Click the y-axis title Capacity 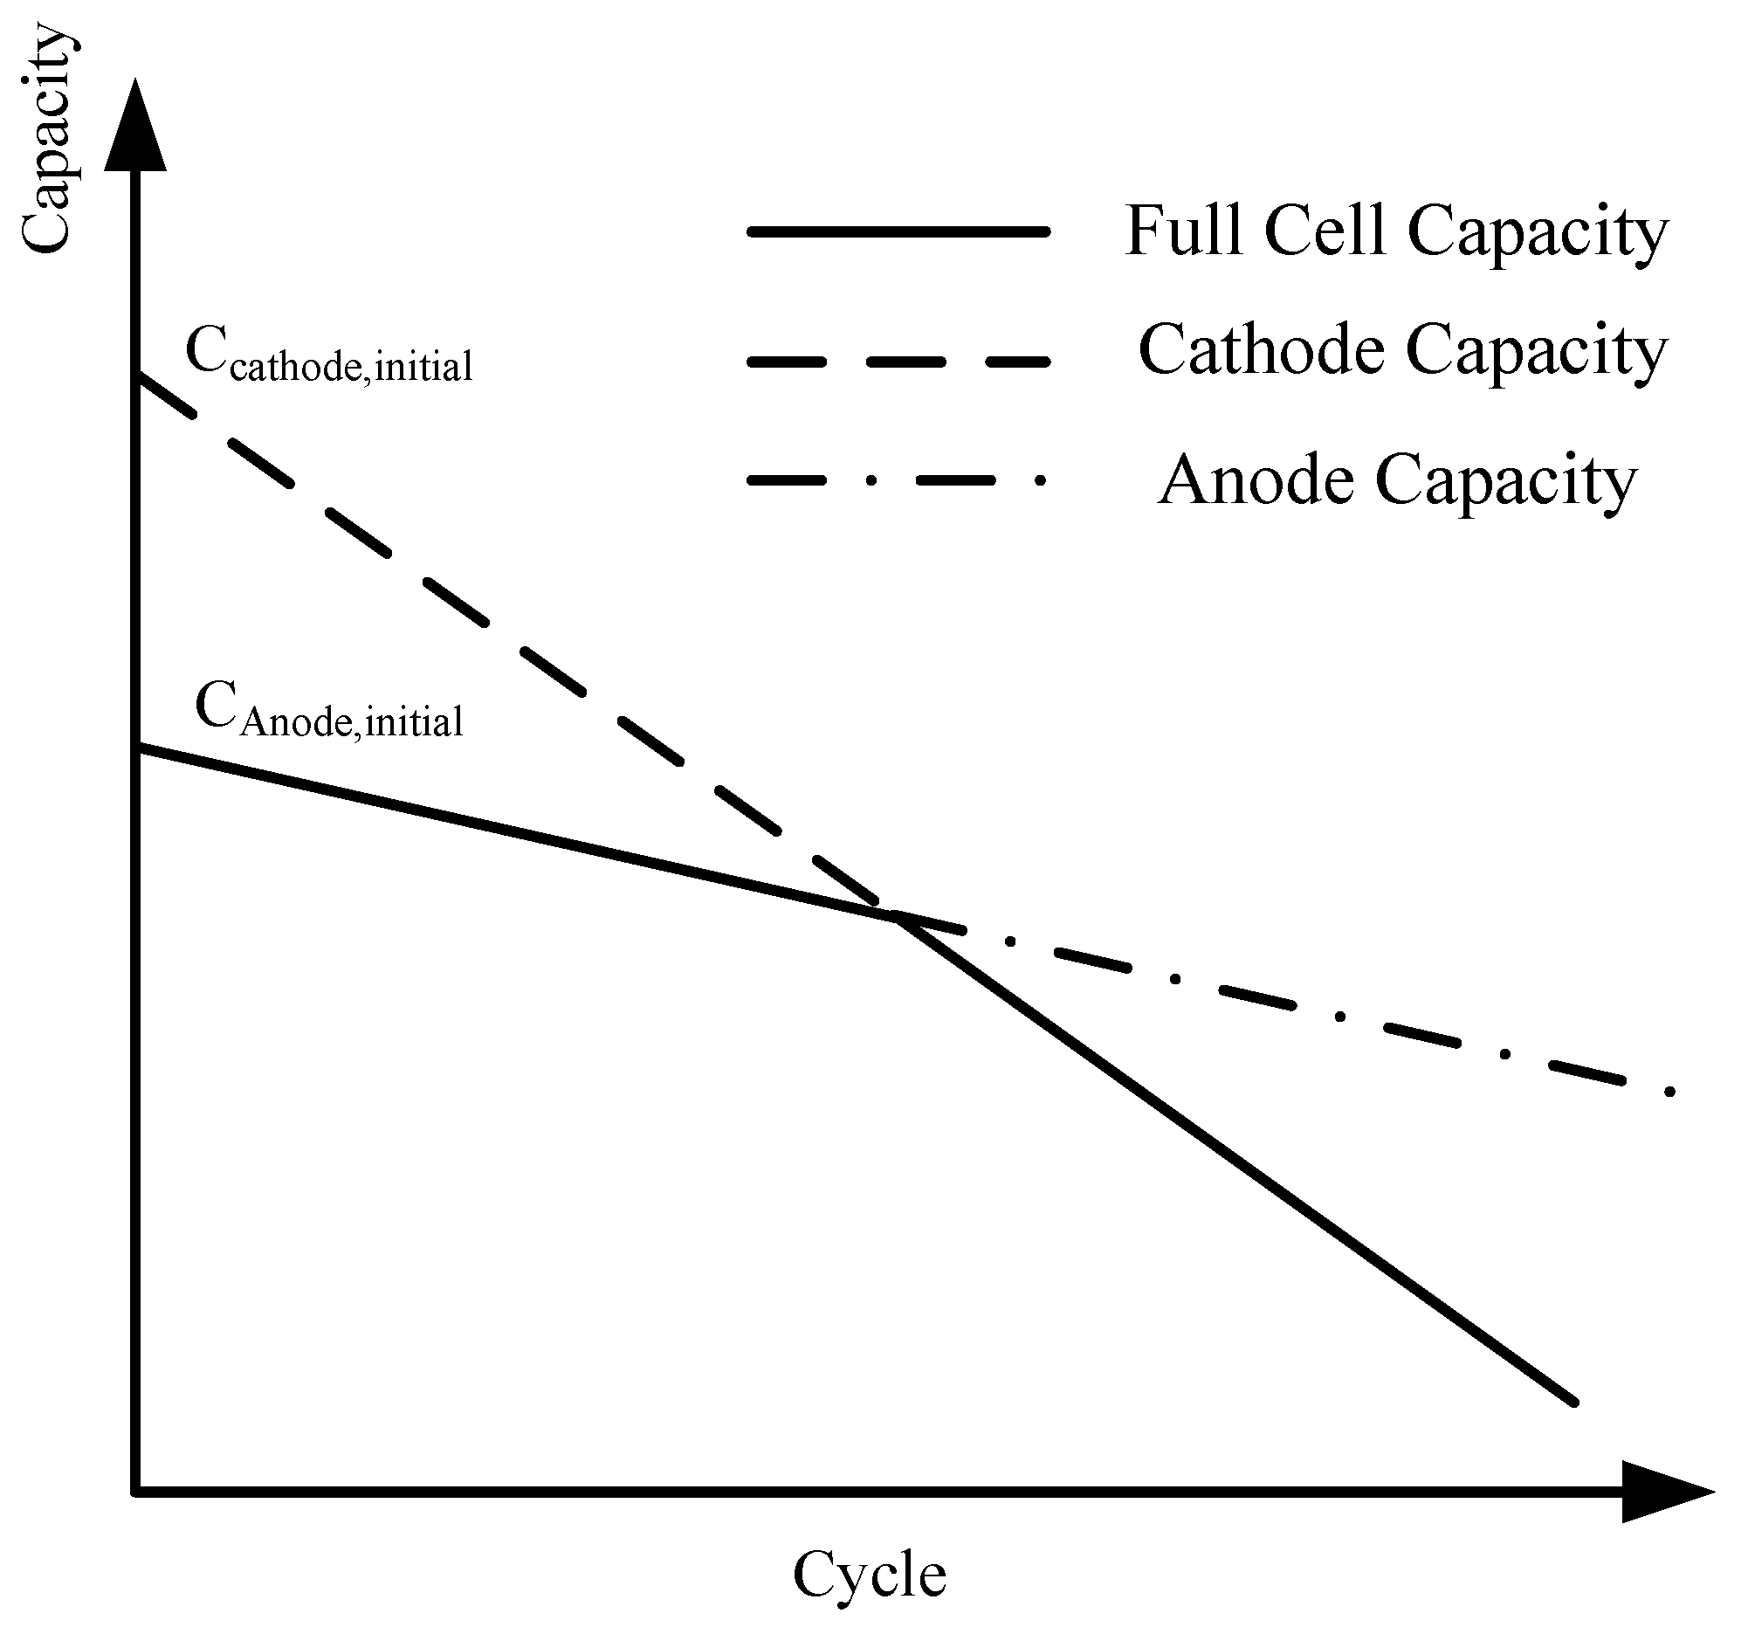tap(45, 141)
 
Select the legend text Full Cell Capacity tap(1396, 231)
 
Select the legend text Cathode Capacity tap(1402, 350)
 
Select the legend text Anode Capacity tap(1397, 480)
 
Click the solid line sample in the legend tap(898, 232)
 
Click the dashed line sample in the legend tap(898, 362)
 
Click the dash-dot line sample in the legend tap(898, 480)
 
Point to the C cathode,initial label tap(329, 355)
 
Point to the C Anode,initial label tap(329, 711)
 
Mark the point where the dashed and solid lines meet tap(897, 917)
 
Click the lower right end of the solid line tap(1574, 1402)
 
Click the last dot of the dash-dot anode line tap(1669, 1092)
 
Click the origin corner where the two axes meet tap(135, 1492)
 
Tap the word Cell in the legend tap(1325, 231)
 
